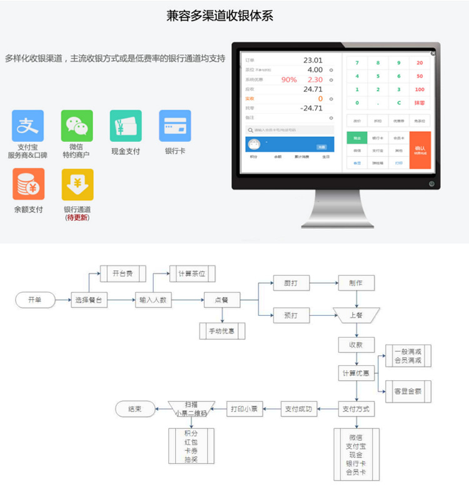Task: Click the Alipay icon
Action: (x=28, y=126)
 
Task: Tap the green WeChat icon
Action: (x=77, y=126)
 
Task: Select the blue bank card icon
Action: (x=175, y=126)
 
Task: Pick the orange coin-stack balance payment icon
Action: (x=28, y=184)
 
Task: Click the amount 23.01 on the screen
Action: (x=313, y=60)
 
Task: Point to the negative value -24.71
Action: (x=311, y=108)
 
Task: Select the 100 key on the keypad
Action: (x=419, y=89)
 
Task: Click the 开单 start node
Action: (x=34, y=300)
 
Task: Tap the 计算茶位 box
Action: (x=192, y=273)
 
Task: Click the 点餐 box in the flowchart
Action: (x=222, y=300)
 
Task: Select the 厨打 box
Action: (x=291, y=283)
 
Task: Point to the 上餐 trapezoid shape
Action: (x=356, y=315)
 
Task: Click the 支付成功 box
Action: (x=299, y=410)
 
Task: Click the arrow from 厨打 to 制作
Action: (x=324, y=283)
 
